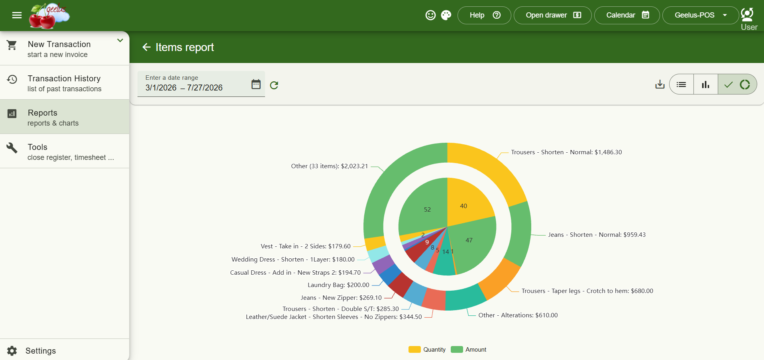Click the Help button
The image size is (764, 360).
[x=484, y=15]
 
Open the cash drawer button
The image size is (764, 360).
[x=553, y=15]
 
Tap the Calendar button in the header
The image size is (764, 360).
[x=627, y=15]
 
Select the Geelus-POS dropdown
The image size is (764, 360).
[x=700, y=15]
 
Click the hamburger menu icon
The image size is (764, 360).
[x=17, y=15]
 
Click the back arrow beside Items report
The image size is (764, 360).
[x=146, y=47]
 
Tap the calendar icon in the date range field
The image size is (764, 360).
[x=256, y=84]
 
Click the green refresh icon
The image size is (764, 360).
[x=274, y=85]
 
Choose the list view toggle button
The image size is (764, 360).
[x=682, y=84]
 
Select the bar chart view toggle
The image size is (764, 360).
[x=706, y=84]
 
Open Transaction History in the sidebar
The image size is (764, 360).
[x=65, y=83]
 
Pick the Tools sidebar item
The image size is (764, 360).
[x=65, y=151]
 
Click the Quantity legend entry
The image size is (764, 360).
[x=427, y=350]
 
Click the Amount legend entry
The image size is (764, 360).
[x=469, y=350]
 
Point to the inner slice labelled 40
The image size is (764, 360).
[x=466, y=203]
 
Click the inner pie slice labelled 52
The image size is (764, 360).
[x=424, y=207]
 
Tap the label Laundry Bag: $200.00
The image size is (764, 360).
[x=338, y=285]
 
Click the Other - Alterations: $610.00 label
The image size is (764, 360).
[x=518, y=315]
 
